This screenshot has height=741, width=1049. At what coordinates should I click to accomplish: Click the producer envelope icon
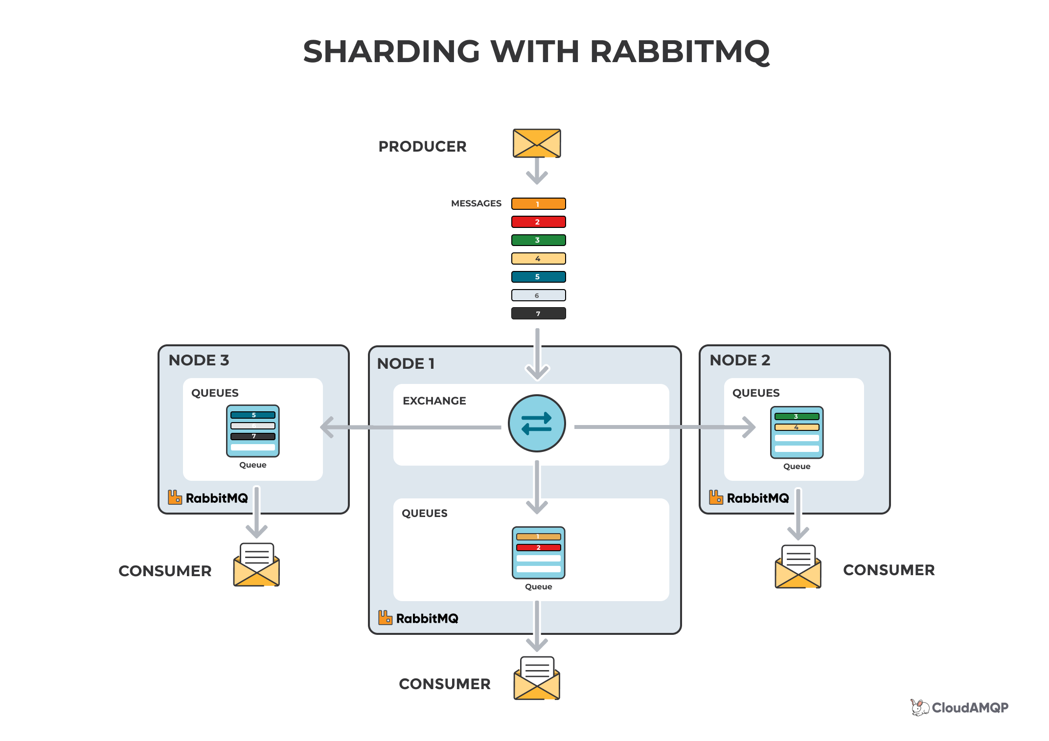(x=537, y=143)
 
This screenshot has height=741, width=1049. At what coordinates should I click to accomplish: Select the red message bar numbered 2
(x=538, y=222)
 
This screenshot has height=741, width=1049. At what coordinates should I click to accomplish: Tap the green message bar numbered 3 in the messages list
(x=538, y=240)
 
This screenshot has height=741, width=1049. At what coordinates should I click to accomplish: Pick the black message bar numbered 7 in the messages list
(x=538, y=314)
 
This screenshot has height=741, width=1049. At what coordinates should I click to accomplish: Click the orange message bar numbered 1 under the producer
(x=538, y=204)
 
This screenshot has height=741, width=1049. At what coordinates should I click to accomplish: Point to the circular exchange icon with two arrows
(x=537, y=424)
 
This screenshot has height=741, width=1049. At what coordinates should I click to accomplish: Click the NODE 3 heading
(x=199, y=360)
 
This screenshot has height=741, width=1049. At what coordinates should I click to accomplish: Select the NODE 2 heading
(x=739, y=360)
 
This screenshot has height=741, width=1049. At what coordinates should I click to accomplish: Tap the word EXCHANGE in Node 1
(x=434, y=401)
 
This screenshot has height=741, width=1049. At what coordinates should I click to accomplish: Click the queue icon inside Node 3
(x=252, y=431)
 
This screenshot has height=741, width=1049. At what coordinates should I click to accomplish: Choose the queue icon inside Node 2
(x=797, y=432)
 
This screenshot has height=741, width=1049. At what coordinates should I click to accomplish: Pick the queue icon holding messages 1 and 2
(x=538, y=553)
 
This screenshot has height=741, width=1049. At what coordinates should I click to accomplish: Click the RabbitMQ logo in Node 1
(x=418, y=618)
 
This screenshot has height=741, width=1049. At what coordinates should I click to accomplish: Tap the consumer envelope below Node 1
(x=537, y=679)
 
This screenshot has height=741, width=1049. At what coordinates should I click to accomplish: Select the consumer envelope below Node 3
(x=256, y=565)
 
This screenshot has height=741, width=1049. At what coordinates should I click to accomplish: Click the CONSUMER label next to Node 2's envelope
(x=889, y=570)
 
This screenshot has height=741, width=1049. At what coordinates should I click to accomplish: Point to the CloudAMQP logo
(x=959, y=708)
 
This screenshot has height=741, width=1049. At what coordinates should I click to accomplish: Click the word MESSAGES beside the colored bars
(x=476, y=203)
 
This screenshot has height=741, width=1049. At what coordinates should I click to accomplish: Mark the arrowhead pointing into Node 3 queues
(x=327, y=427)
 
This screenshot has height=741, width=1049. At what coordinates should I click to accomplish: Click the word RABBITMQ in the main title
(x=680, y=52)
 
